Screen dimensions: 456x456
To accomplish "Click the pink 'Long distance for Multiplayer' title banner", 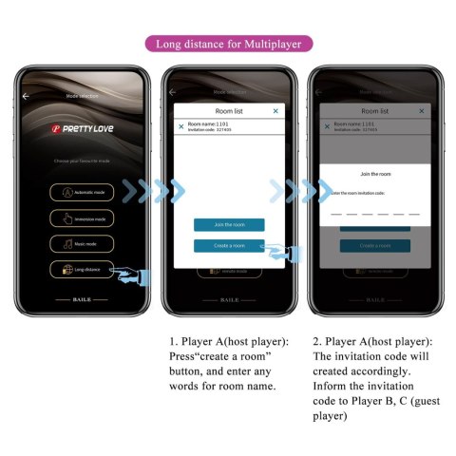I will (228, 44).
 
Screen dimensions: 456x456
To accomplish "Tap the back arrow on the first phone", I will (26, 96).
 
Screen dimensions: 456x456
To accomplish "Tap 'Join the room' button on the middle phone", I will (229, 225).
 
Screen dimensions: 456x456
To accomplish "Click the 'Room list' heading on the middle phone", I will (229, 111).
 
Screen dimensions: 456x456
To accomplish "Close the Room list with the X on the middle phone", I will (275, 111).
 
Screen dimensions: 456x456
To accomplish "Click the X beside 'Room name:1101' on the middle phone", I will (181, 125).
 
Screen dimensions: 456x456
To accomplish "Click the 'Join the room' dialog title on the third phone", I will (375, 175).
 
